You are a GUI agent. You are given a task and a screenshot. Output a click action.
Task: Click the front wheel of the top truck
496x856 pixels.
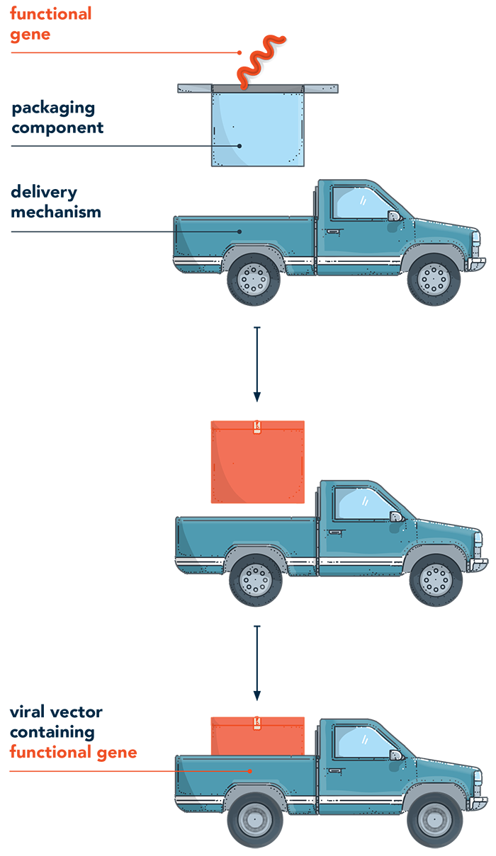pos(434,279)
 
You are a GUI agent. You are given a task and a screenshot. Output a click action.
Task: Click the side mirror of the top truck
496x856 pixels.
pos(392,215)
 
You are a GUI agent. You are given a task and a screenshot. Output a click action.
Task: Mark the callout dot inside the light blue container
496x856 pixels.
pos(239,146)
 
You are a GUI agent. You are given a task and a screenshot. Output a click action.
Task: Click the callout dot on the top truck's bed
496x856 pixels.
pos(239,232)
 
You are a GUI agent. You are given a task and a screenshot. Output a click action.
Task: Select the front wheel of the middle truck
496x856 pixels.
pos(434,579)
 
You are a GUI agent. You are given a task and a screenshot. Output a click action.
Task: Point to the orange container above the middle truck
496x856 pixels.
pos(259,464)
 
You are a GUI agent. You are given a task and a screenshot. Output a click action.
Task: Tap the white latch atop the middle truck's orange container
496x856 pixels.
pos(258,427)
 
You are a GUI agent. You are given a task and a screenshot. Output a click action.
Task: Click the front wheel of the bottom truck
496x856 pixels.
pos(434,818)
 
